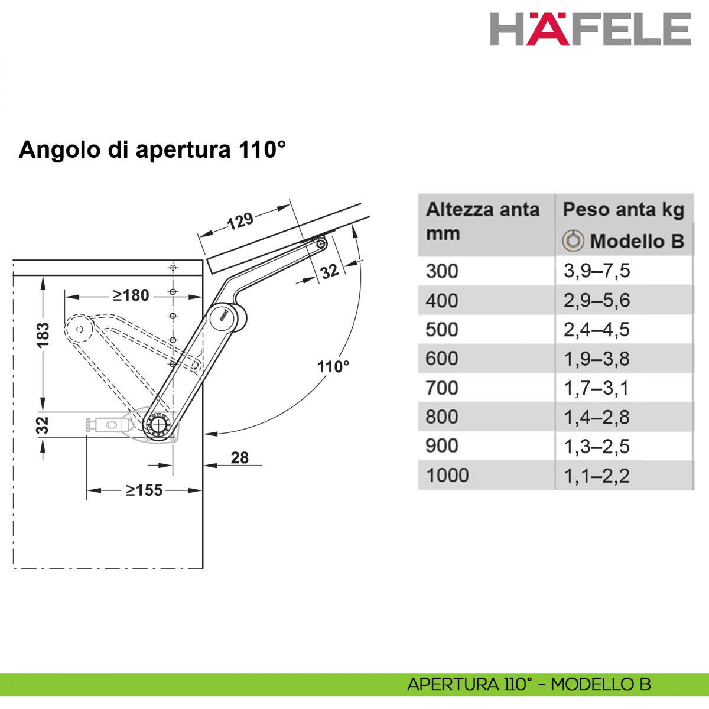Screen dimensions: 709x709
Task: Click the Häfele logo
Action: (590, 29)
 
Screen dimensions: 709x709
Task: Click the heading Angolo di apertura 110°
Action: (152, 149)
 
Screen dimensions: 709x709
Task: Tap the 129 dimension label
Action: (240, 221)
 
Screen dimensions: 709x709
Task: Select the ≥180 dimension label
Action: (131, 295)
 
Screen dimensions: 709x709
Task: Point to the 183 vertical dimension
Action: (43, 335)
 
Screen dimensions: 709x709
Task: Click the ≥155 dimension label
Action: (144, 490)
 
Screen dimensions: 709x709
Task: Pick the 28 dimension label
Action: (239, 458)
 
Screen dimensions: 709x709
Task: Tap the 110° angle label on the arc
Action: (333, 366)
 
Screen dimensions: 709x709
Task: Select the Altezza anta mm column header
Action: (482, 221)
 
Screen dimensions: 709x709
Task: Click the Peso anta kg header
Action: (623, 210)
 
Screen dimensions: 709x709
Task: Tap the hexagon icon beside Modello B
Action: (573, 240)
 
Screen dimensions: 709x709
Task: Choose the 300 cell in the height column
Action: (441, 271)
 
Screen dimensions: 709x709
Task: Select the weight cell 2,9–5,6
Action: (597, 300)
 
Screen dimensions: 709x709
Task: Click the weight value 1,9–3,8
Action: (597, 359)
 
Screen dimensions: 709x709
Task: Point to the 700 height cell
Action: (441, 388)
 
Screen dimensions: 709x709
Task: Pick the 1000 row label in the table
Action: (447, 475)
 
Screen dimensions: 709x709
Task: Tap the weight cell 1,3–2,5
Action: (597, 446)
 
